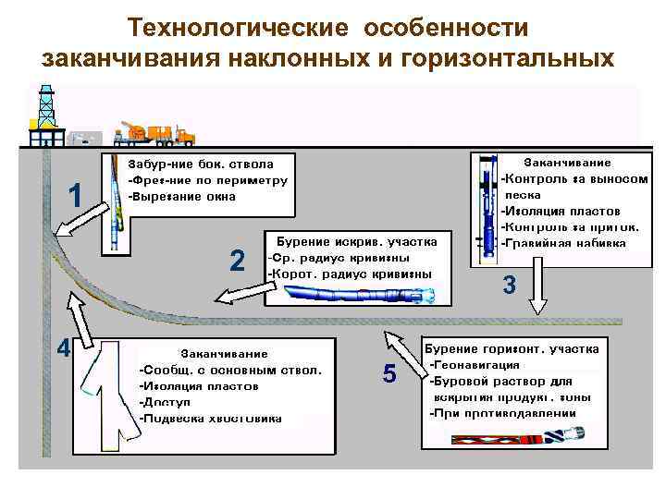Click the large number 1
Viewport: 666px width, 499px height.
77,195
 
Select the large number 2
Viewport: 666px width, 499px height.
237,262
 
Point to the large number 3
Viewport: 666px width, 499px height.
509,286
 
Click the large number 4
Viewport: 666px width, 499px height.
63,349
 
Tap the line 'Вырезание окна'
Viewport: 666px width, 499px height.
183,196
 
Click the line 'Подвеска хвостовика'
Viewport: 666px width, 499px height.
210,419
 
